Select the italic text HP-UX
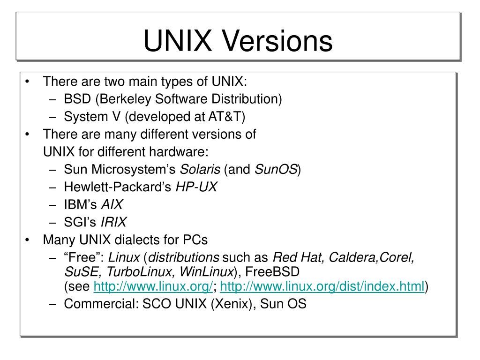click(x=196, y=187)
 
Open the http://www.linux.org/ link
click(x=154, y=287)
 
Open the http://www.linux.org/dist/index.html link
click(x=322, y=287)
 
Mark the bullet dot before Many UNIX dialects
click(x=29, y=240)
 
